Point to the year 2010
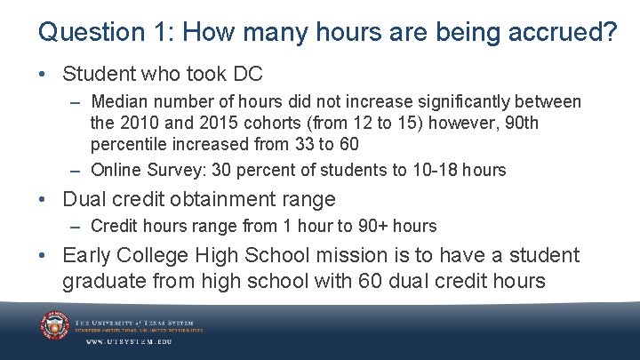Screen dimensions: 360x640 click(139, 122)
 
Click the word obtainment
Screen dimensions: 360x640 click(225, 198)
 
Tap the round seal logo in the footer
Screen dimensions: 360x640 click(54, 325)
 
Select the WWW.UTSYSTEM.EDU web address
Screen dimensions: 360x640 click(128, 341)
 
